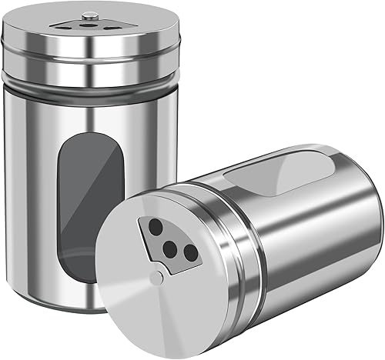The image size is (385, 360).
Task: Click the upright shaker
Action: click(x=46, y=192)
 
